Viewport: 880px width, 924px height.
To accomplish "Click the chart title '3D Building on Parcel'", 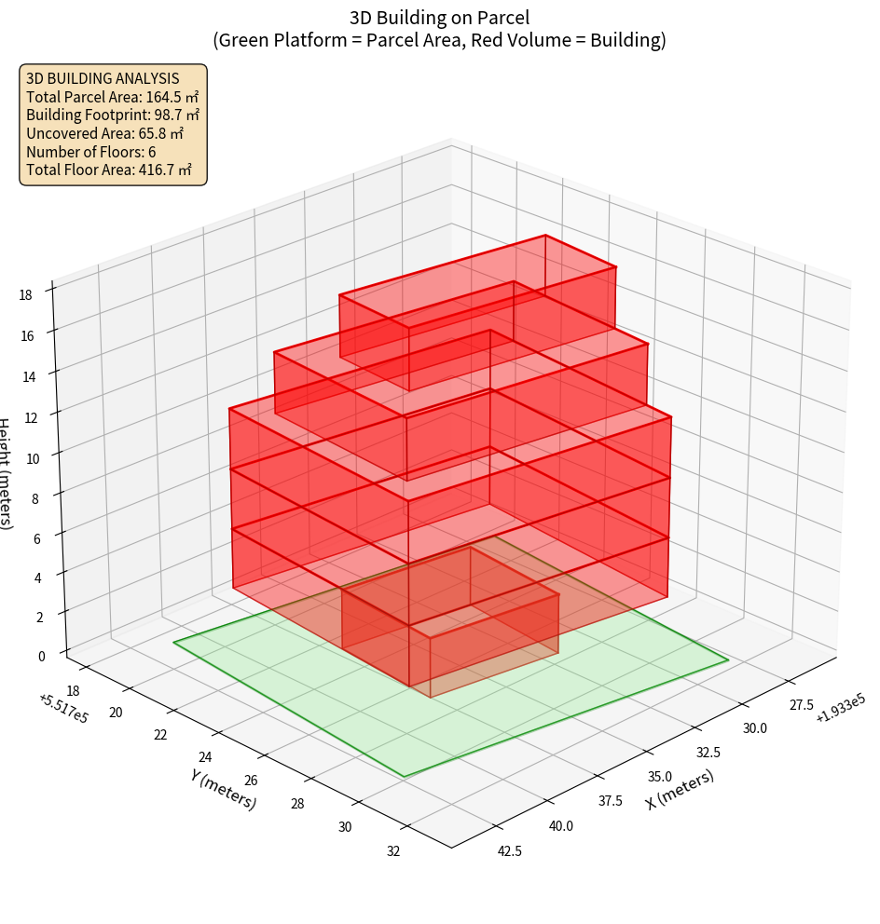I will point(439,17).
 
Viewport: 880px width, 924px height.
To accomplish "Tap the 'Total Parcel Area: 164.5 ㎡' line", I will point(113,96).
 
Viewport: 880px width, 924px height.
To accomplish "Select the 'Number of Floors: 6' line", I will point(91,152).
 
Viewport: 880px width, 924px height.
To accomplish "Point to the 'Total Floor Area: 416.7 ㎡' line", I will point(109,170).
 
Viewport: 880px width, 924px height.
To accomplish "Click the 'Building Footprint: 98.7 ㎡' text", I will point(113,115).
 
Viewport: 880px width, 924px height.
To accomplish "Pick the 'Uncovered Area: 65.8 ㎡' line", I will point(105,133).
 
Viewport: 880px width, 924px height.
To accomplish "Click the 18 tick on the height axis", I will point(25,295).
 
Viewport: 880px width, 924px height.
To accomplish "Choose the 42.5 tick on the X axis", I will point(509,850).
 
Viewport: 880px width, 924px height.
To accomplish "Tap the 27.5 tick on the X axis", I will point(801,705).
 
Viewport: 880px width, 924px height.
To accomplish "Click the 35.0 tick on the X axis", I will point(660,776).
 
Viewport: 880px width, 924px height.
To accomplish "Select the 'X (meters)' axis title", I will point(680,789).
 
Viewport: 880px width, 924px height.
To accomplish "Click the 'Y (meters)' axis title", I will point(223,789).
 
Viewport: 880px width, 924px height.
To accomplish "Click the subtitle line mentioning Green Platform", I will point(439,40).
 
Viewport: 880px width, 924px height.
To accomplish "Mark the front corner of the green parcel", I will point(405,776).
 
